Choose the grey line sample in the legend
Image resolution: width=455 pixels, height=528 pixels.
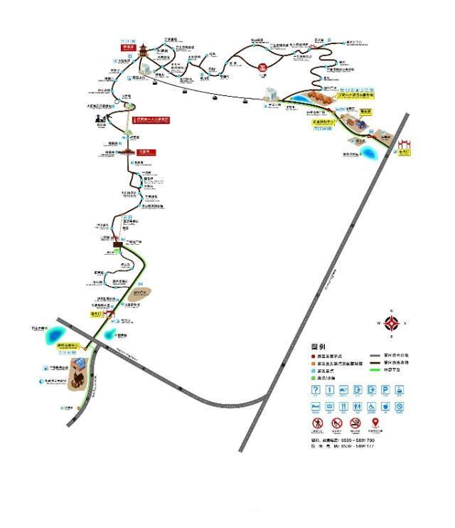[375, 355]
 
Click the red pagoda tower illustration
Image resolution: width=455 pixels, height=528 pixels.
[144, 51]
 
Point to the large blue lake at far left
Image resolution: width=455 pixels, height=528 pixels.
[54, 332]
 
